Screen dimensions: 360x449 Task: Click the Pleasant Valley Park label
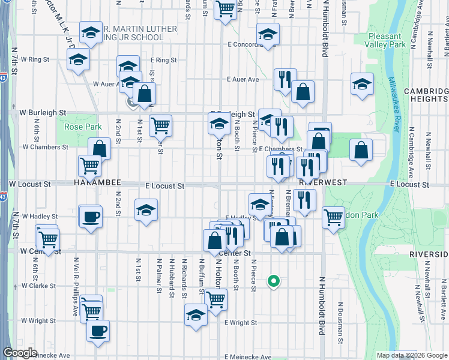coord(388,40)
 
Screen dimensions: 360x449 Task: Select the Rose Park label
coord(75,126)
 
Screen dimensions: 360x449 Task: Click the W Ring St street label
coord(34,59)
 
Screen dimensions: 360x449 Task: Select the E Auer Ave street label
coord(243,79)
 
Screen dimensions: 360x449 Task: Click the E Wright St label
coord(240,322)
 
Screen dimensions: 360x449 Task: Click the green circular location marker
coord(274,280)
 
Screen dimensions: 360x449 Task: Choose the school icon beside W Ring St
coord(79,60)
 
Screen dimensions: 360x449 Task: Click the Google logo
coord(20,353)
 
